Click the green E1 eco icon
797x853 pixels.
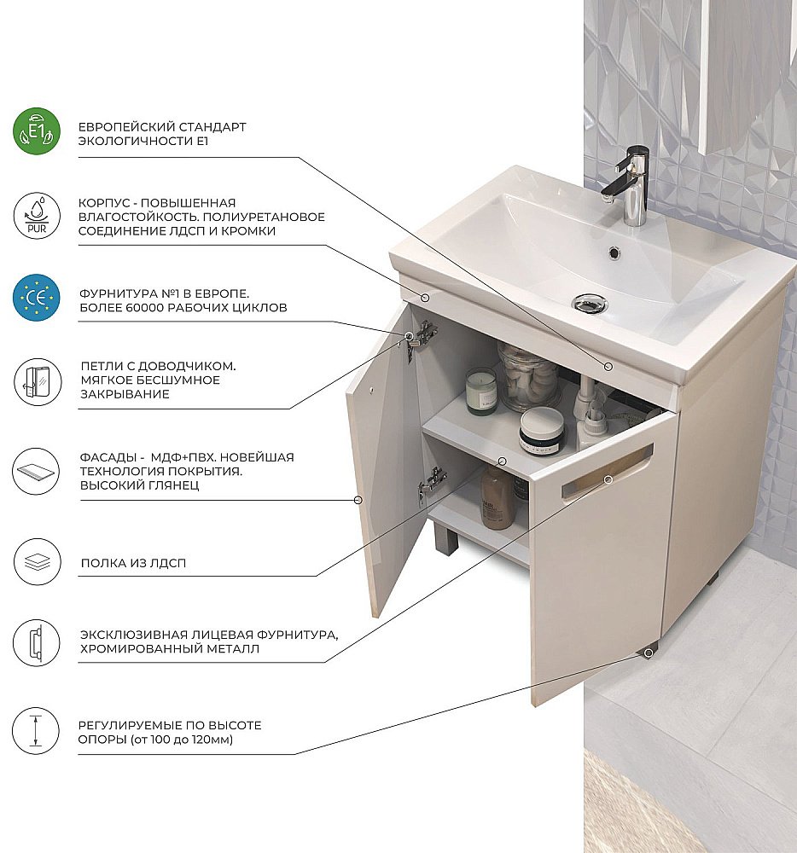tap(37, 131)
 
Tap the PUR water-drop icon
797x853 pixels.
tap(37, 216)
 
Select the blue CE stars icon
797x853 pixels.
tap(37, 298)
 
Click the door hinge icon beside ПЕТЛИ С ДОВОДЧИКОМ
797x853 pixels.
tap(37, 381)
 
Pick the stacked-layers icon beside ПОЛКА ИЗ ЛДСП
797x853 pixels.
tap(37, 562)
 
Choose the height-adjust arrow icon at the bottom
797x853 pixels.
tap(37, 731)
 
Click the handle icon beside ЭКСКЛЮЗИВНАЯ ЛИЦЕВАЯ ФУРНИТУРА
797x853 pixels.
tap(37, 642)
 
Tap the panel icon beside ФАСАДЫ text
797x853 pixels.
tap(37, 471)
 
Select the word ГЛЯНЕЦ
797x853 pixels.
tap(172, 485)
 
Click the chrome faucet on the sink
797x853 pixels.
tap(628, 185)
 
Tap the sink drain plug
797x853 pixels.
tap(590, 304)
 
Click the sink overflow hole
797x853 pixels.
tap(614, 252)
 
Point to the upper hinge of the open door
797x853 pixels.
tap(422, 336)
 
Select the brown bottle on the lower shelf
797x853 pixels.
tap(496, 497)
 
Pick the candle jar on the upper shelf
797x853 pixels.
tap(481, 392)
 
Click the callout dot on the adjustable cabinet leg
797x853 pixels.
tap(648, 653)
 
